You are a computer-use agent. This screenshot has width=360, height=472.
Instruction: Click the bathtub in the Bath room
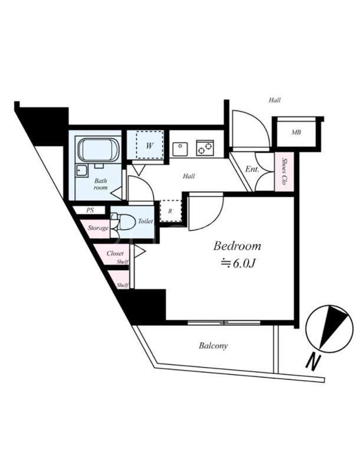99,150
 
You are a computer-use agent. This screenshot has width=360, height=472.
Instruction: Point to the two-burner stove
205,148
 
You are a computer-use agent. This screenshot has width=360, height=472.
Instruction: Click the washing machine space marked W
149,145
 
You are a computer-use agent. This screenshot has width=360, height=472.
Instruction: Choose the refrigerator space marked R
171,211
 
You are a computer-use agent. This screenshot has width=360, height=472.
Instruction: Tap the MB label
296,132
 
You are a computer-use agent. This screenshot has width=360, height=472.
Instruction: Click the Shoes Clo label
284,172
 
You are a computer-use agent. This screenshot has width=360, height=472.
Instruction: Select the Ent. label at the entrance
252,169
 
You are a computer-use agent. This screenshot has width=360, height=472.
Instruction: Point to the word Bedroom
237,246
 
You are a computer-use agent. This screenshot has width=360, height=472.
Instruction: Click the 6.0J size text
239,264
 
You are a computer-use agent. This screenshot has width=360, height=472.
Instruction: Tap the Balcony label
213,346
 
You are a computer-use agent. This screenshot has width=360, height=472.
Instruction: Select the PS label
90,210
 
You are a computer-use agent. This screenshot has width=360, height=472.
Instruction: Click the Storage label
98,228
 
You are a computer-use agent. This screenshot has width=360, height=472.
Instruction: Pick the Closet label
115,254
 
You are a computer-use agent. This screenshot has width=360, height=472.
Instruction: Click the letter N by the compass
313,362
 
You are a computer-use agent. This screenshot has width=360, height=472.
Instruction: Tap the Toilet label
145,221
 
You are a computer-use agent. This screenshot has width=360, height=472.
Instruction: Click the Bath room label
100,184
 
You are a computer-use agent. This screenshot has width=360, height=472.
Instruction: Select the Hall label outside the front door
274,100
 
